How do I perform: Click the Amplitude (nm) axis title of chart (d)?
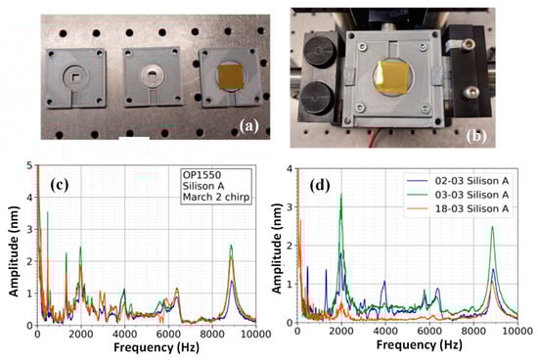coord(282,248)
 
